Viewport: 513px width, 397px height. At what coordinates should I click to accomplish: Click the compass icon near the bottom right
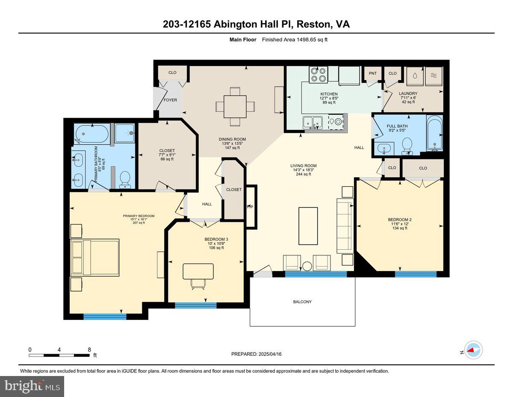click(473, 350)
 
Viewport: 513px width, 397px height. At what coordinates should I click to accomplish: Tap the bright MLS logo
click(32, 386)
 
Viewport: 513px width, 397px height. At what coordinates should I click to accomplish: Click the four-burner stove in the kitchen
click(318, 74)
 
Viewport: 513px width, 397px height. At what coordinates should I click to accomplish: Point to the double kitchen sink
click(313, 123)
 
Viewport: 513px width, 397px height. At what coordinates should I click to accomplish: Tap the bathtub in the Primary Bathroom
click(92, 134)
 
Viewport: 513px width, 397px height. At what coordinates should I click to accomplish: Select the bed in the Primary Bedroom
click(95, 257)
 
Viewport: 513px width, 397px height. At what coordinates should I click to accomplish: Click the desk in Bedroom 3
click(198, 271)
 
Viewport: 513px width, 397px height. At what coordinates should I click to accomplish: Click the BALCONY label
click(302, 302)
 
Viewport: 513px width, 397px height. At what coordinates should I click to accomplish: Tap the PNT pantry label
click(373, 73)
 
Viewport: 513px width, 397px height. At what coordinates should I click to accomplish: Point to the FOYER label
click(170, 100)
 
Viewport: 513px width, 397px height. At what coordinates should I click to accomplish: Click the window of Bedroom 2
click(416, 274)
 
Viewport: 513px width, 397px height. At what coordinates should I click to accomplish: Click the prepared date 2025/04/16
click(256, 354)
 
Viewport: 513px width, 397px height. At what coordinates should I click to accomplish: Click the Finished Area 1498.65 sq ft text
click(295, 40)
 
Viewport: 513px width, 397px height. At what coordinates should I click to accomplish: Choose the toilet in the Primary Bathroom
click(125, 180)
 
